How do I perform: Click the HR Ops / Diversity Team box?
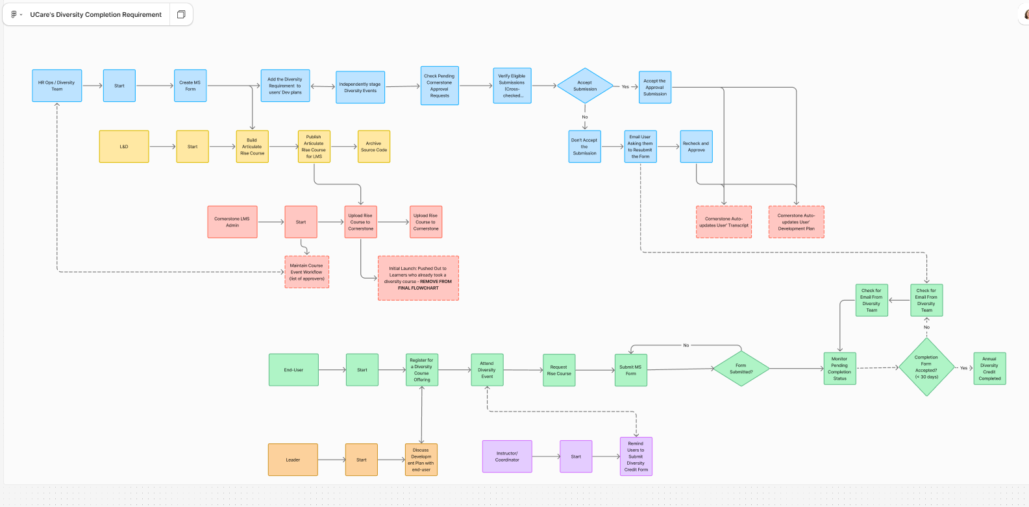click(x=57, y=86)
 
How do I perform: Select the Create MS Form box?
click(x=190, y=86)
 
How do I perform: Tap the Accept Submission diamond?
click(x=585, y=86)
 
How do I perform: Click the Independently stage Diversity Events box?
click(x=360, y=88)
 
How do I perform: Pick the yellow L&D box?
click(x=124, y=147)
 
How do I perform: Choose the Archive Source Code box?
click(x=374, y=147)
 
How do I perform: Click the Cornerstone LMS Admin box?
click(x=232, y=222)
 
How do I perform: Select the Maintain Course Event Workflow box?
click(x=307, y=272)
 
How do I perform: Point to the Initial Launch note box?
click(x=418, y=278)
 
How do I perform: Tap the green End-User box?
click(x=293, y=370)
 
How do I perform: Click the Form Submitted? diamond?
click(x=741, y=369)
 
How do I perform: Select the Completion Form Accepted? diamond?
click(x=926, y=367)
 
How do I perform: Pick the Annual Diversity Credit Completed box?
click(x=989, y=369)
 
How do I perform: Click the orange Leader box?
click(x=293, y=460)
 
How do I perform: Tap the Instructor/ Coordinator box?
click(x=507, y=456)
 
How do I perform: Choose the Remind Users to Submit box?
click(x=636, y=456)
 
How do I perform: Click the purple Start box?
click(x=576, y=456)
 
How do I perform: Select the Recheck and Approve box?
click(x=696, y=147)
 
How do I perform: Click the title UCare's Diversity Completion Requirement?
click(x=96, y=14)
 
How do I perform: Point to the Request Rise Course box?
click(x=559, y=370)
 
